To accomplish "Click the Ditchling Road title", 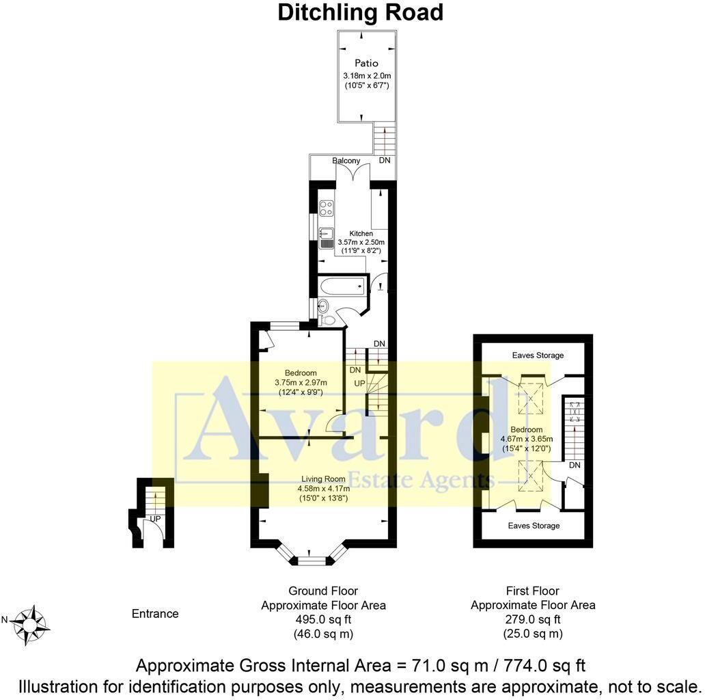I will (x=360, y=12).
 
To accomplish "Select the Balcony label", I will (x=346, y=161).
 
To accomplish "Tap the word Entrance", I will (x=155, y=614).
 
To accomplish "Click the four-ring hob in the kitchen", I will (x=326, y=208).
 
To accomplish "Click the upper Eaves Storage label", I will (x=538, y=355).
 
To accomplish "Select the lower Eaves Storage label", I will (x=534, y=526).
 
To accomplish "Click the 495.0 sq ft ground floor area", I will (x=323, y=619).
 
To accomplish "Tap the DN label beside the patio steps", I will (x=385, y=161).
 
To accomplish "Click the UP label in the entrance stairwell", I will (x=155, y=520).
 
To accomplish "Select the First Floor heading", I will (x=532, y=591).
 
